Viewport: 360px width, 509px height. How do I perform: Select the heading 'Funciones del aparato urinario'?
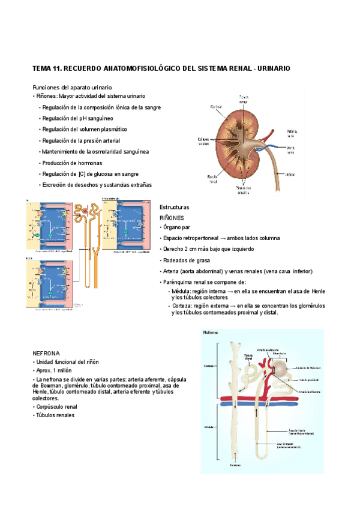pos(71,88)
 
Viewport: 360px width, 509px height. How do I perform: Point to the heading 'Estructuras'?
pos(174,206)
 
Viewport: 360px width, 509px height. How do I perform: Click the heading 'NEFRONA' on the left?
pos(46,354)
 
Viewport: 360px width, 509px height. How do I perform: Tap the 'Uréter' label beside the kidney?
pos(290,174)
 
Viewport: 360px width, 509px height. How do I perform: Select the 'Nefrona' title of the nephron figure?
pos(211,332)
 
